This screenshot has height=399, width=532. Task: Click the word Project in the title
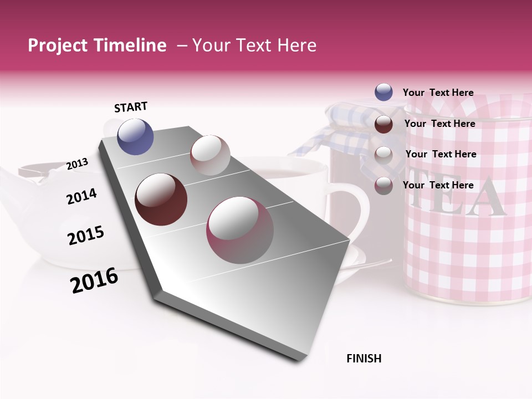coord(58,45)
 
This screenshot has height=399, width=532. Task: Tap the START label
coord(131,107)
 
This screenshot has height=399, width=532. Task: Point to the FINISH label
coord(364,359)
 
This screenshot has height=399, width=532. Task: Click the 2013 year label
coord(77,163)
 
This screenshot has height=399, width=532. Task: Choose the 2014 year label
coord(81,196)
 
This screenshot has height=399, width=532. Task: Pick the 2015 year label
coord(85,236)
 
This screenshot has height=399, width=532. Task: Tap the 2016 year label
coord(94,280)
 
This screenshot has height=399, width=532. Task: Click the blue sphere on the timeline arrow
coord(135,136)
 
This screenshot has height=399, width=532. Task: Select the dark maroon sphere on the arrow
coord(161,199)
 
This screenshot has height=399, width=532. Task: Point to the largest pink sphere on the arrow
coord(240,230)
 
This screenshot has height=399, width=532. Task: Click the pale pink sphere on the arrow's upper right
coord(210,155)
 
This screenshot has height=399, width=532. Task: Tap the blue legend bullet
coord(383,92)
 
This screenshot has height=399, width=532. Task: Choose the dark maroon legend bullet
coord(383,124)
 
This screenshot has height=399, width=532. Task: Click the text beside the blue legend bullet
coord(438,93)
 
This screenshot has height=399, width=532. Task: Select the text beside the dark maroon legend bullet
coord(439,124)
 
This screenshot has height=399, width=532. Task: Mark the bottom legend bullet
coord(383,186)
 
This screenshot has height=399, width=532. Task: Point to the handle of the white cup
coord(355,211)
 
